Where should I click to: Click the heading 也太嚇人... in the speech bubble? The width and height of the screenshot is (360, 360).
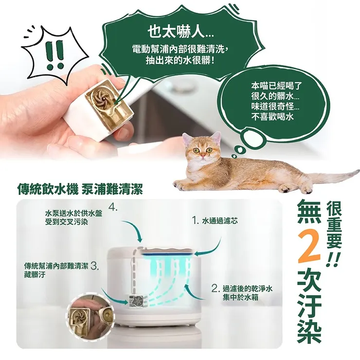pyautogui.click(x=180, y=32)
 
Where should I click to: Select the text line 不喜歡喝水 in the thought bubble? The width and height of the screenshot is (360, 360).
pyautogui.click(x=272, y=117)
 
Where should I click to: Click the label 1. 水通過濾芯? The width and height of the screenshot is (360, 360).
pyautogui.click(x=215, y=221)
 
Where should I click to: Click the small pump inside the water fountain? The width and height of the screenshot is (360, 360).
pyautogui.click(x=135, y=302)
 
